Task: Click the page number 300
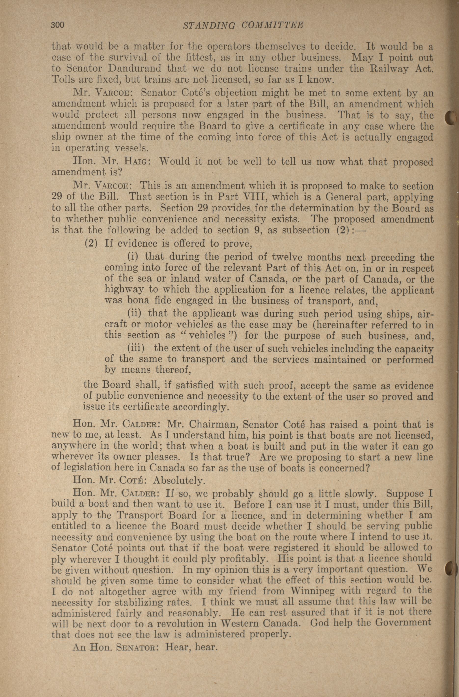[x=58, y=25]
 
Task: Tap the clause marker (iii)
[x=136, y=348]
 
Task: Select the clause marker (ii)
[x=135, y=313]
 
